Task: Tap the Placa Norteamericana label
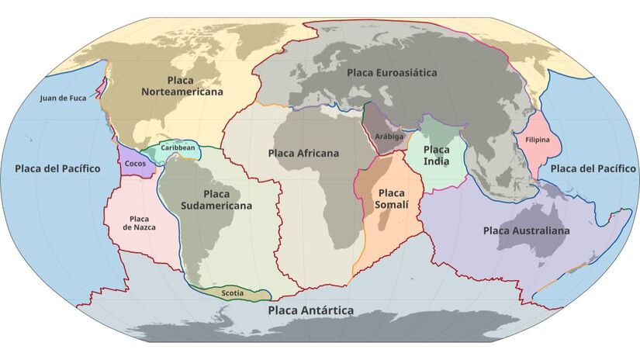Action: click(182, 85)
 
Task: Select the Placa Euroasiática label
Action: click(392, 73)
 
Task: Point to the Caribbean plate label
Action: click(178, 147)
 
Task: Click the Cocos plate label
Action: click(135, 164)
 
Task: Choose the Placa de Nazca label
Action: click(140, 223)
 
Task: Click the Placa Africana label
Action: click(303, 154)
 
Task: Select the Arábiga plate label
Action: click(389, 136)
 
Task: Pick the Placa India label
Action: click(436, 154)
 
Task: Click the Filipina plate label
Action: click(538, 140)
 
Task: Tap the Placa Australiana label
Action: click(526, 230)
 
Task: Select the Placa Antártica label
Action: click(310, 310)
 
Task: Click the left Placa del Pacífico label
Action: click(57, 168)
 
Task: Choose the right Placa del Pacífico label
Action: click(593, 168)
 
